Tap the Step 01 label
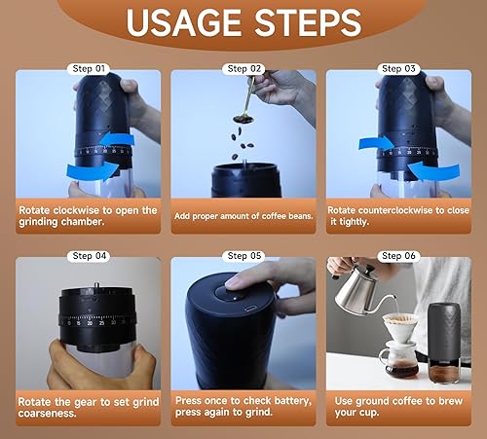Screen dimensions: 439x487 pos(87,69)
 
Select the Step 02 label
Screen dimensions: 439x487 pos(243,69)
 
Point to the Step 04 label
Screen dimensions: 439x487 pos(87,256)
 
